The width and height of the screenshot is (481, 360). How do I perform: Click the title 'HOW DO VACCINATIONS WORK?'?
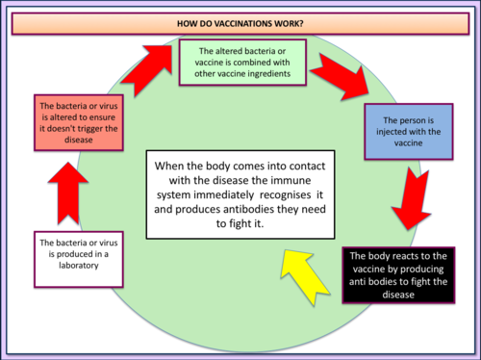pos(240,21)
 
